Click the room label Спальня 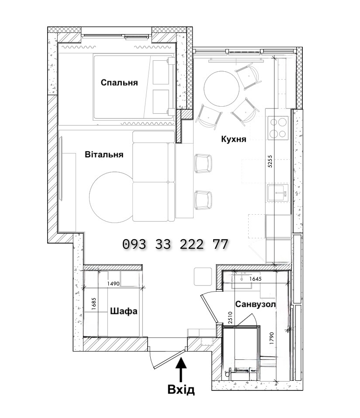pyautogui.click(x=119, y=83)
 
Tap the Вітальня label pyautogui.click(x=104, y=154)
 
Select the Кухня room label pyautogui.click(x=233, y=139)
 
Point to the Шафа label pyautogui.click(x=124, y=311)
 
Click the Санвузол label pyautogui.click(x=255, y=304)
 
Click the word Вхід pyautogui.click(x=181, y=390)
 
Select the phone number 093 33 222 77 pyautogui.click(x=175, y=244)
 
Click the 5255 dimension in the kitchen pyautogui.click(x=270, y=161)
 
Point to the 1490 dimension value pyautogui.click(x=113, y=284)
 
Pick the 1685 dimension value pyautogui.click(x=93, y=303)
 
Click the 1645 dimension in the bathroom pyautogui.click(x=255, y=279)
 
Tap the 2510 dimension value pyautogui.click(x=231, y=317)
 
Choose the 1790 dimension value pyautogui.click(x=272, y=338)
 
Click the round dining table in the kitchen pyautogui.click(x=222, y=88)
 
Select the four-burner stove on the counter pyautogui.click(x=278, y=128)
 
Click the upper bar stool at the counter pyautogui.click(x=203, y=164)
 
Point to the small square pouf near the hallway pyautogui.click(x=203, y=277)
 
